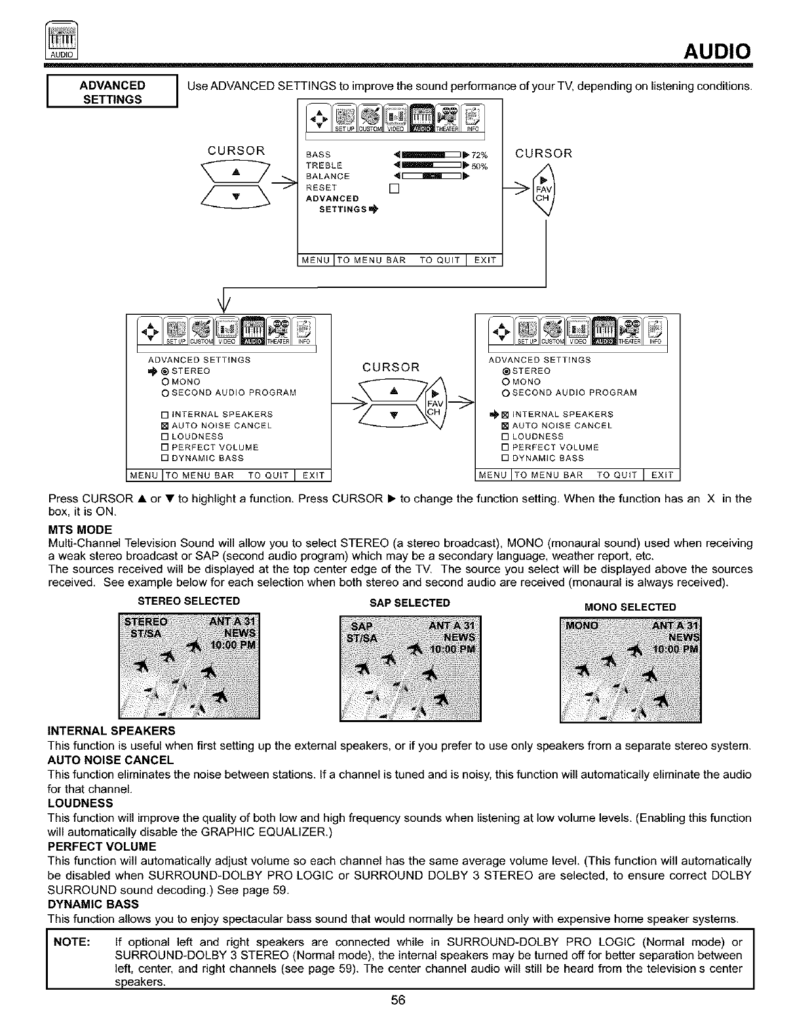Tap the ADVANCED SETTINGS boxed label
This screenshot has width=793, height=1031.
[x=112, y=92]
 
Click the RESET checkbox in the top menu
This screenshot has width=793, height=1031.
[x=394, y=188]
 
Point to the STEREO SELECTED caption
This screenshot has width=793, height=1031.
[x=189, y=601]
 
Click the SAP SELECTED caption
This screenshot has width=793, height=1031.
[x=410, y=603]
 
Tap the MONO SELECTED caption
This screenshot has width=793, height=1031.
[x=630, y=607]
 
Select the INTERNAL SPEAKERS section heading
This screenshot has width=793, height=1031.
[x=111, y=730]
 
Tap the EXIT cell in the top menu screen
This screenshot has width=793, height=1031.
[x=484, y=260]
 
